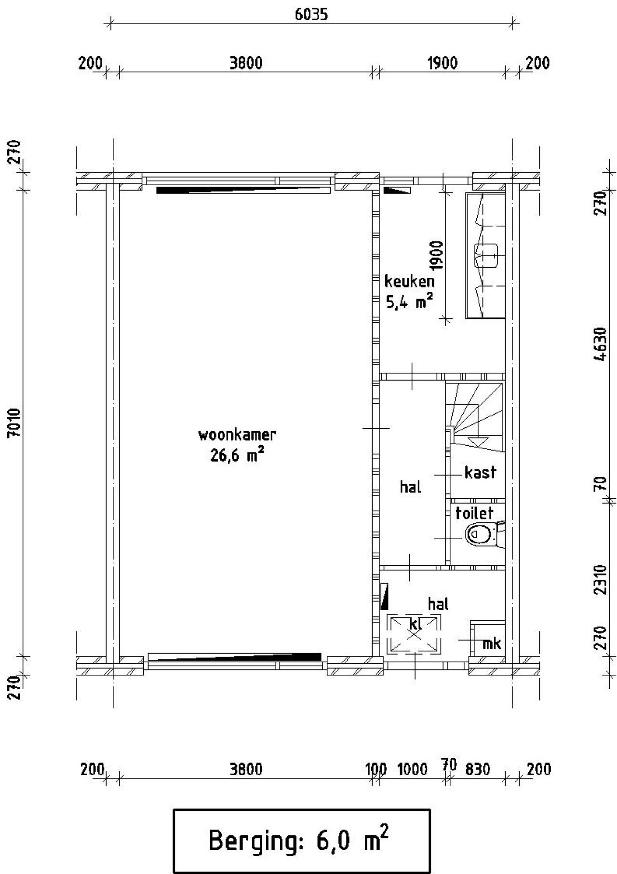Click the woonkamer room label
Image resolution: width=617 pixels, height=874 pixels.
pyautogui.click(x=237, y=435)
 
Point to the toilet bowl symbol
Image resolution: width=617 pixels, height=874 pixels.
pyautogui.click(x=481, y=534)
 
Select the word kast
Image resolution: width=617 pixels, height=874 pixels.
pyautogui.click(x=480, y=472)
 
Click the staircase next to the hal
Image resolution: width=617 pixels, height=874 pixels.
pyautogui.click(x=475, y=416)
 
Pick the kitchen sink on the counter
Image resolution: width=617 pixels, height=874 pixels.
pyautogui.click(x=486, y=255)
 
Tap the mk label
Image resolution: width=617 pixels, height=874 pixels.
pyautogui.click(x=492, y=643)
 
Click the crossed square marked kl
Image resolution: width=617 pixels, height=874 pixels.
pyautogui.click(x=414, y=633)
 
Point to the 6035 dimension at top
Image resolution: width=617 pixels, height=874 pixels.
pyautogui.click(x=311, y=14)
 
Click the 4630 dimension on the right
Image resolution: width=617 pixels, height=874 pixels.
pyautogui.click(x=600, y=344)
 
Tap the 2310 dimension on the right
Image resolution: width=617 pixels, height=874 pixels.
pyautogui.click(x=600, y=579)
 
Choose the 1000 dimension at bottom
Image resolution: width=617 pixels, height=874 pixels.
pyautogui.click(x=412, y=769)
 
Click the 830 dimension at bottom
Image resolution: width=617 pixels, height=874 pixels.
pyautogui.click(x=477, y=769)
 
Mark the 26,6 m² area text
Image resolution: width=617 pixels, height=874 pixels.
pyautogui.click(x=237, y=454)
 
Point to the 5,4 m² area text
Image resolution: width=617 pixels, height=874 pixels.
pyautogui.click(x=409, y=301)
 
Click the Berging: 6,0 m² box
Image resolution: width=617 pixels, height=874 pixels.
pyautogui.click(x=301, y=841)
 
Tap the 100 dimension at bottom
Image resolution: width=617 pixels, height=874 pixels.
pyautogui.click(x=376, y=769)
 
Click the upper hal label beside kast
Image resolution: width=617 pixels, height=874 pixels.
pyautogui.click(x=411, y=487)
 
